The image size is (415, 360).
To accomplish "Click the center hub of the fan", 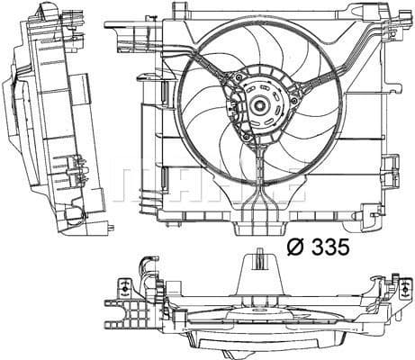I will (x=259, y=106).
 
